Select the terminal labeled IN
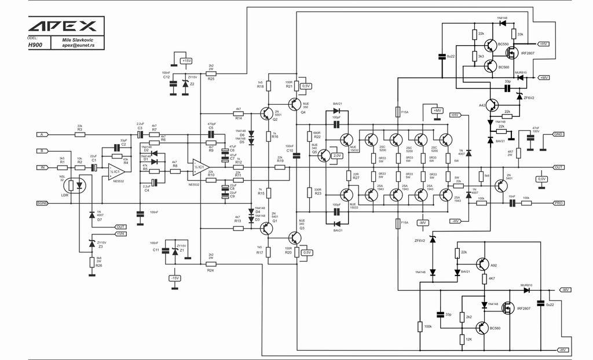click(42, 167)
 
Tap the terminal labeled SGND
click(42, 203)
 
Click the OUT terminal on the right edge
click(558, 167)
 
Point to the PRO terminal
click(558, 203)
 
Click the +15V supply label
click(186, 60)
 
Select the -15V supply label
click(174, 278)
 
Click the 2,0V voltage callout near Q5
click(338, 156)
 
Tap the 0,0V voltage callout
click(541, 179)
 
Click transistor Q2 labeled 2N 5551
click(266, 113)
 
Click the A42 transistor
click(491, 105)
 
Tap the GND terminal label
click(558, 134)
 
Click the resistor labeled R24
click(211, 264)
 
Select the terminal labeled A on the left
click(42, 134)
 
